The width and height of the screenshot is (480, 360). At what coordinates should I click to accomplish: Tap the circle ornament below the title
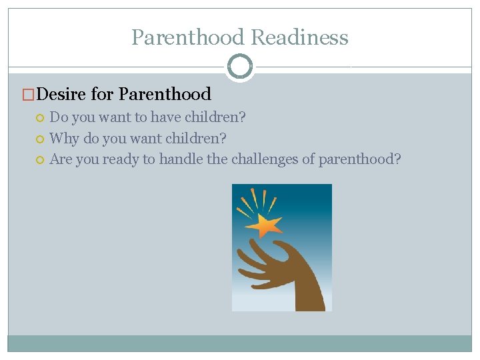pos(240,67)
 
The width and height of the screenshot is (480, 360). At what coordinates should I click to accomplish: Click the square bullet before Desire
pos(28,95)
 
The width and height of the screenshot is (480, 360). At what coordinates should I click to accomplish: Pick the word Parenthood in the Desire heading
pos(165,95)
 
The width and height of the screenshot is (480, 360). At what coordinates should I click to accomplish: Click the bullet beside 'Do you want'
pos(41,118)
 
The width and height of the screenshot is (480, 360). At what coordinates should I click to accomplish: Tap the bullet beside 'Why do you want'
pos(41,139)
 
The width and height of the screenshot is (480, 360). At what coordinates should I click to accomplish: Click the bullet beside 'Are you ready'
pos(41,160)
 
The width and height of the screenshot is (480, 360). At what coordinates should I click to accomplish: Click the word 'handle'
pos(178,159)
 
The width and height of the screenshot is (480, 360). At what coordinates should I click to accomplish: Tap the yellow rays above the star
pos(257,200)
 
